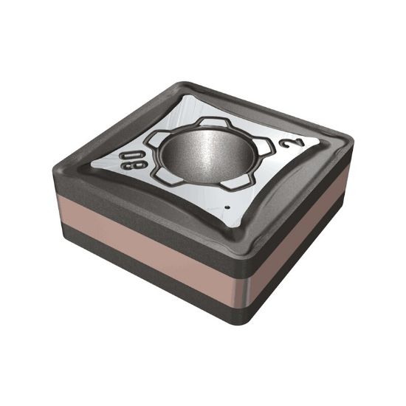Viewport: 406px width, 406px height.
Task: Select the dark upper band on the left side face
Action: [x=133, y=225]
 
